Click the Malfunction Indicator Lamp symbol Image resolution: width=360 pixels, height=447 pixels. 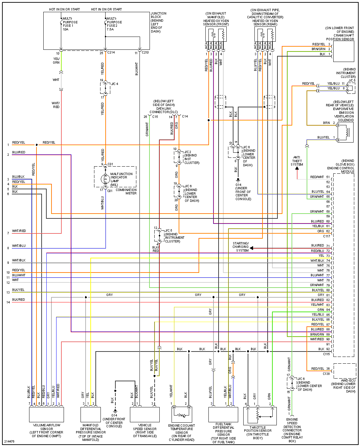pyautogui.click(x=105, y=179)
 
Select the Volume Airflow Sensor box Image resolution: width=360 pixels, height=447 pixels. pyautogui.click(x=47, y=414)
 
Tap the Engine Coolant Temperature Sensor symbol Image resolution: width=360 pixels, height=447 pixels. pyautogui.click(x=182, y=414)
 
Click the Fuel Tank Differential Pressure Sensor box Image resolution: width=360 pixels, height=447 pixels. pyautogui.click(x=223, y=414)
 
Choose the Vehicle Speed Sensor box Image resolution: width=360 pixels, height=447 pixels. pyautogui.click(x=145, y=414)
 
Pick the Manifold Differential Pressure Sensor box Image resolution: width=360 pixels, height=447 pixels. pyautogui.click(x=90, y=414)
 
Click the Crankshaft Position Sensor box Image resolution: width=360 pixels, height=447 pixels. pyautogui.click(x=343, y=51)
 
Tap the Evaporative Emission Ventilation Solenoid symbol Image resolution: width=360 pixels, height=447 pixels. pyautogui.click(x=345, y=132)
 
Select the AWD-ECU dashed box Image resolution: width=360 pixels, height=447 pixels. pyautogui.click(x=345, y=371)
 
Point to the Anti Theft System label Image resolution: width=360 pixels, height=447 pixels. pyautogui.click(x=297, y=161)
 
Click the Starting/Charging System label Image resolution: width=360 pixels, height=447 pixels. pyautogui.click(x=241, y=247)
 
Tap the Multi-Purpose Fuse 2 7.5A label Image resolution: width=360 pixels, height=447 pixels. pyautogui.click(x=114, y=24)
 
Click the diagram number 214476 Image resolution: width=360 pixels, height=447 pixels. pyautogui.click(x=9, y=442)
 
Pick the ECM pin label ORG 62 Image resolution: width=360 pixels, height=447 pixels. pyautogui.click(x=323, y=231)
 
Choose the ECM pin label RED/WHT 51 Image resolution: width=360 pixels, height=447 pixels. pyautogui.click(x=320, y=177)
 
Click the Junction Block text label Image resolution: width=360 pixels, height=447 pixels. pyautogui.click(x=158, y=22)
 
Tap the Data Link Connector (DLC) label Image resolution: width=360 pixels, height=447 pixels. pyautogui.click(x=164, y=106)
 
